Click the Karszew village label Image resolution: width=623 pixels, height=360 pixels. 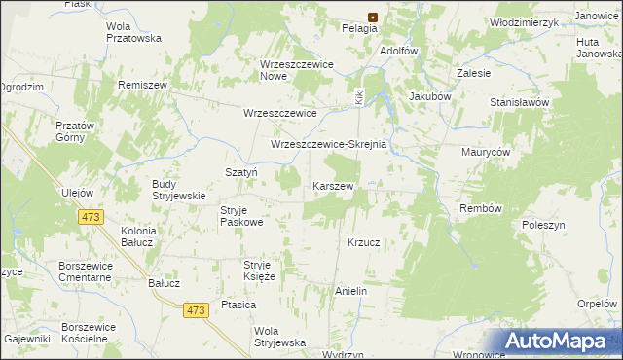[x=332, y=185]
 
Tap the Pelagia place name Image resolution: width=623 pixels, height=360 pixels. [x=359, y=29]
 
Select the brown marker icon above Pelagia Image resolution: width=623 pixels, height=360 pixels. [x=373, y=17]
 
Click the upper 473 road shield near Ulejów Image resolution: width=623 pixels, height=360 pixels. [x=93, y=217]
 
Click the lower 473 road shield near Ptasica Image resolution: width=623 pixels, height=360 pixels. [x=196, y=309]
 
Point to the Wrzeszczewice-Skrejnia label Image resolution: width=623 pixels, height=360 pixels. [x=329, y=144]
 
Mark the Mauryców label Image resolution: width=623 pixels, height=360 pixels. [x=486, y=153]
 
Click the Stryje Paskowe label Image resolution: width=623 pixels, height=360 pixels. [x=241, y=216]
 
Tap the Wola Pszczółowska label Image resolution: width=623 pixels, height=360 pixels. [x=132, y=32]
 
